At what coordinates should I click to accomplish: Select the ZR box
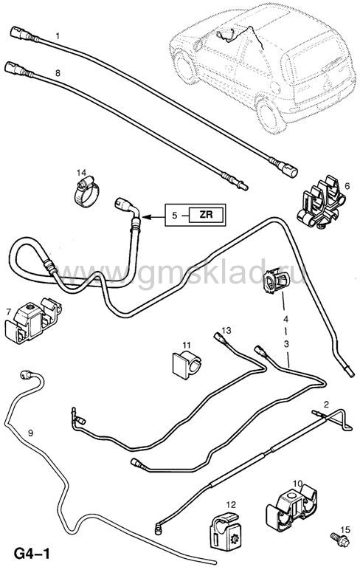[x=206, y=215]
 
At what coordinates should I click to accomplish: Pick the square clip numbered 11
[x=185, y=364]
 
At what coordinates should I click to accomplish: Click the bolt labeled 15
[x=340, y=541]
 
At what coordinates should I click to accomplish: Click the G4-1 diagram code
[x=32, y=554]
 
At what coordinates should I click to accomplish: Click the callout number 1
[x=58, y=35]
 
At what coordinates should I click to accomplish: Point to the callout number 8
[x=58, y=73]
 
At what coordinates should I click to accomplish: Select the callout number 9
[x=30, y=433]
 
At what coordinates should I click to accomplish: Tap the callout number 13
[x=226, y=330]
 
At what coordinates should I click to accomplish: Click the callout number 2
[x=326, y=405]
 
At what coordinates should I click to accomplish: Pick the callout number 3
[x=286, y=344]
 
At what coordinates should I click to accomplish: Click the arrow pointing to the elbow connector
[x=153, y=217]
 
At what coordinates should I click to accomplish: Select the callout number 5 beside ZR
[x=175, y=216]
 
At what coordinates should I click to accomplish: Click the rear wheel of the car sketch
[x=269, y=114]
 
